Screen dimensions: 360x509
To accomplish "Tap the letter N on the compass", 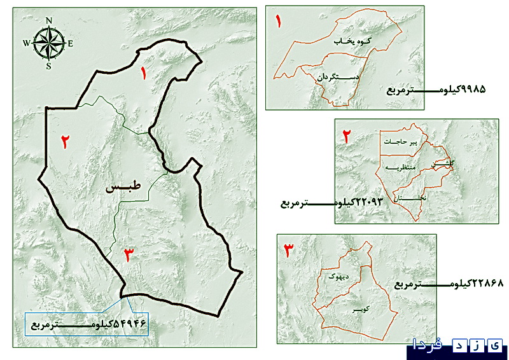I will (49, 20).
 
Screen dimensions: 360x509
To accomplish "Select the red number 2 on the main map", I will (65, 141).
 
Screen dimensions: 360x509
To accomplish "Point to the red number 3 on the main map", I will (129, 254).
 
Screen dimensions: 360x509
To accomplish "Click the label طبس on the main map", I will (125, 189).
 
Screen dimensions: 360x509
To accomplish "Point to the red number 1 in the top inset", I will (278, 20).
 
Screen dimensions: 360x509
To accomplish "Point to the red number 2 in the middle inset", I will (347, 136).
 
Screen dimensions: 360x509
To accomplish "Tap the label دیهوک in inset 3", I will (335, 276).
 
